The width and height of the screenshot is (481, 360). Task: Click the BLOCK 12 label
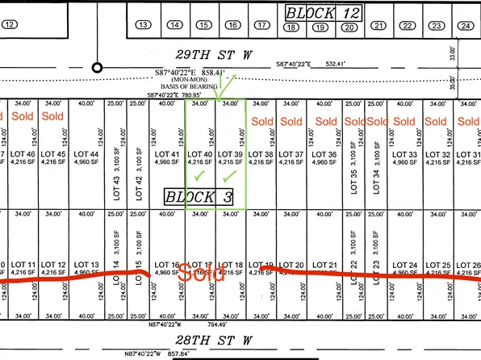[x=324, y=13]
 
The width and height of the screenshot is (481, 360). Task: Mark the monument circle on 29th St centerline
[x=97, y=68]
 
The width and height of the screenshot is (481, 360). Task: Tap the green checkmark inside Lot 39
[x=230, y=175]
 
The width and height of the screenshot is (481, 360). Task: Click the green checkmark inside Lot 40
[x=199, y=175]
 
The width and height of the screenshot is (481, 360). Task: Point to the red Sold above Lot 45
[x=52, y=116]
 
